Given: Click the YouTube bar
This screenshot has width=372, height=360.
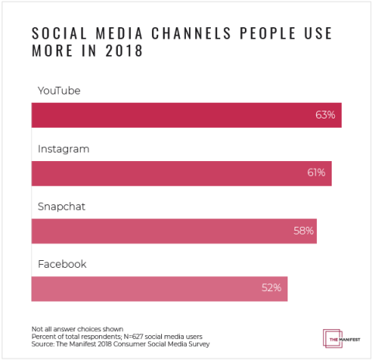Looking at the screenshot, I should [x=186, y=115].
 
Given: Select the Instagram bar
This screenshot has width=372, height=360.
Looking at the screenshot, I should [x=181, y=173].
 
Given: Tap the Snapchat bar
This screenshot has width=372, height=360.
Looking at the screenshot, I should [x=174, y=231].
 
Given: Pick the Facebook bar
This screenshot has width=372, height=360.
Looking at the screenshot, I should [x=159, y=288].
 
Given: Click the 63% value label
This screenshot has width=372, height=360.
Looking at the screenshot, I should [x=325, y=115].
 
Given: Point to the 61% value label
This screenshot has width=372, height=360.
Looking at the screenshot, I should [x=315, y=173].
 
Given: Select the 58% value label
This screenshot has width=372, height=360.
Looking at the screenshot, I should [x=303, y=231].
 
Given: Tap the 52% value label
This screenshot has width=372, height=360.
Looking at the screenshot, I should [x=270, y=288].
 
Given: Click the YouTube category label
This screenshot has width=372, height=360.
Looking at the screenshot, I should [x=59, y=91].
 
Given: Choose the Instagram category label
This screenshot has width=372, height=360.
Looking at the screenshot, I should [x=64, y=149].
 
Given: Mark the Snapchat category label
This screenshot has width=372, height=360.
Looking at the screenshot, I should [x=63, y=207].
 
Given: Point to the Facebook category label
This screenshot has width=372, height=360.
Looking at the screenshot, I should [x=62, y=264].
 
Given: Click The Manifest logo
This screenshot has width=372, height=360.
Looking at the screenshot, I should [x=337, y=338].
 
